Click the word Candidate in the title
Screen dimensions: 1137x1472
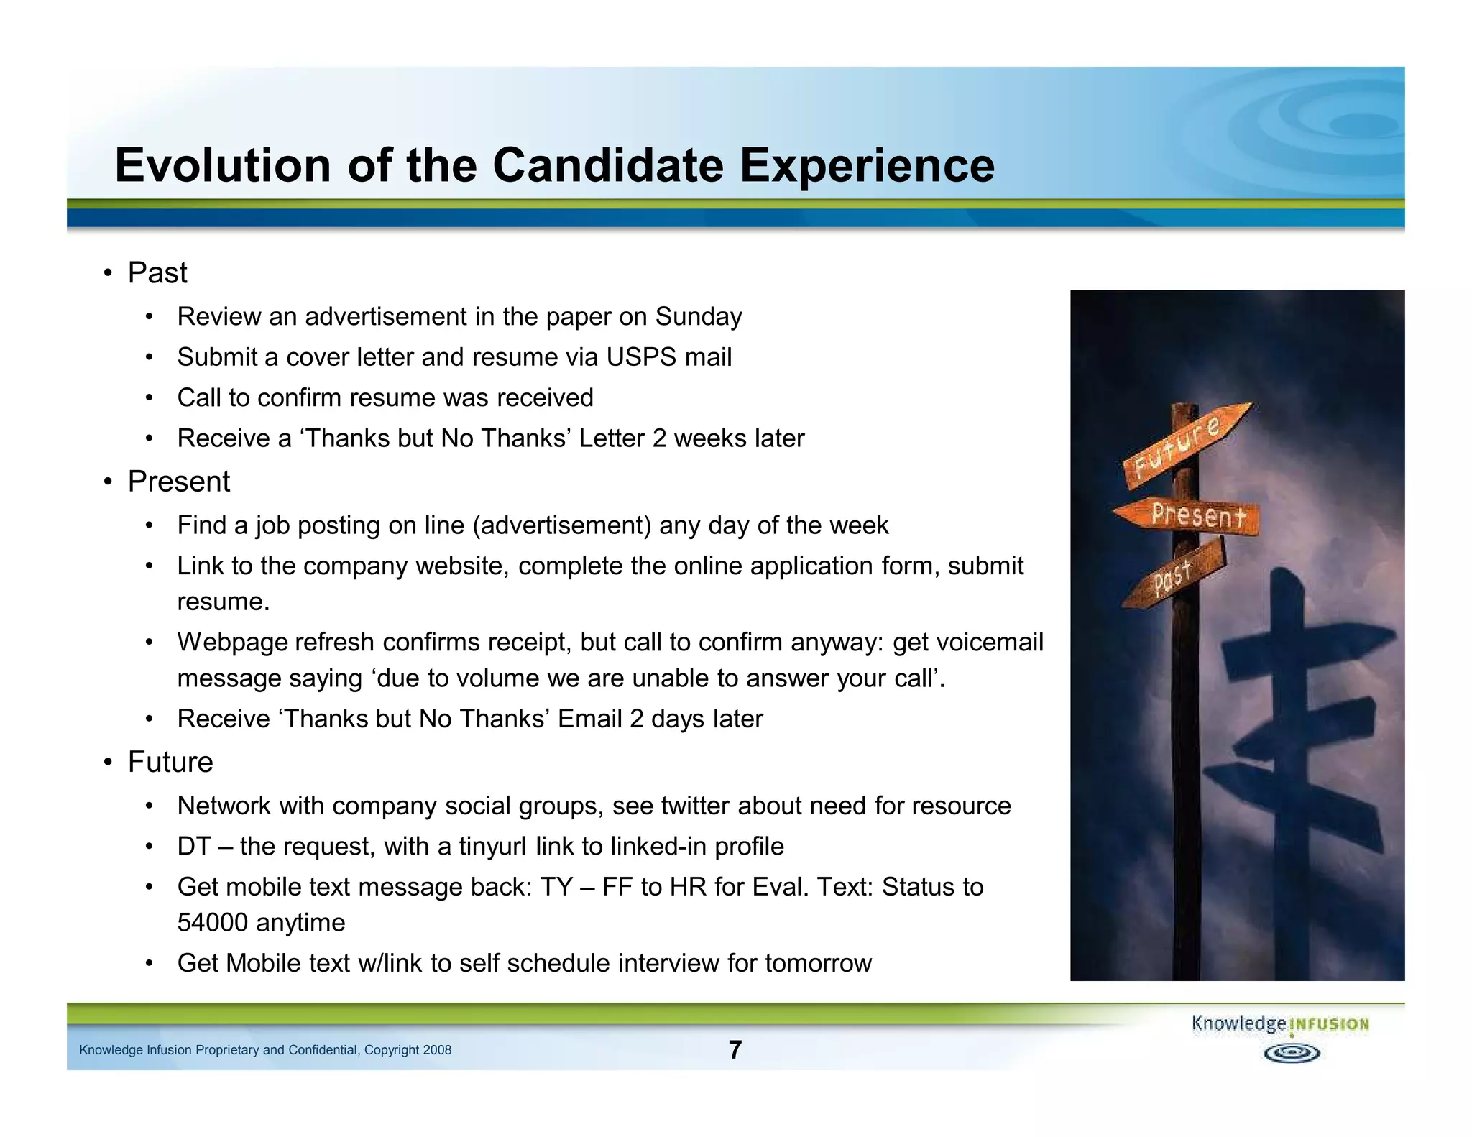(607, 165)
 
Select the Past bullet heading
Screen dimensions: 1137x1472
(157, 273)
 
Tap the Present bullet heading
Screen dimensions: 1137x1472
(178, 482)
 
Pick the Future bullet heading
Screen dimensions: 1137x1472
(170, 762)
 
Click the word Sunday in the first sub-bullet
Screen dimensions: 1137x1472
(698, 316)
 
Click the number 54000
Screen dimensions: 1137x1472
(212, 923)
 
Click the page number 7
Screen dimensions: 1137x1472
(735, 1050)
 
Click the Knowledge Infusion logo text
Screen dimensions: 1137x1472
(1279, 1024)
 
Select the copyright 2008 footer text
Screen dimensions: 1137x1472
(264, 1050)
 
